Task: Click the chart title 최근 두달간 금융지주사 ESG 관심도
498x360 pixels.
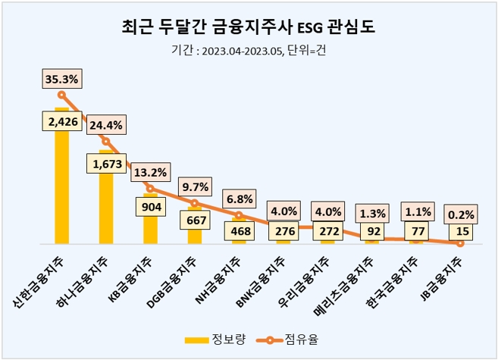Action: [x=249, y=27]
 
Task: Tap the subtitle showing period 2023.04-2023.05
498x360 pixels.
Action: [x=249, y=52]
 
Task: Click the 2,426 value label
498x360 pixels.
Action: [x=62, y=121]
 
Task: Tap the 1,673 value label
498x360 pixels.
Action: [x=106, y=163]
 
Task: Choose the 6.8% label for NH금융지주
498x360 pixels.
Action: [x=239, y=199]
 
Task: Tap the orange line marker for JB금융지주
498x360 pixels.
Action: [x=460, y=243]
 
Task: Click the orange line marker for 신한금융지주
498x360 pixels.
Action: [x=62, y=95]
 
